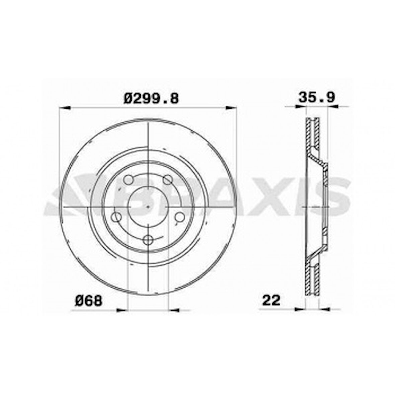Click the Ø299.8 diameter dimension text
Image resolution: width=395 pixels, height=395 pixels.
151,98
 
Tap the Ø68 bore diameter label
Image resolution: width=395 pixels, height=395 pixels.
88,301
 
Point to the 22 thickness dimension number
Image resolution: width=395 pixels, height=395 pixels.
271,300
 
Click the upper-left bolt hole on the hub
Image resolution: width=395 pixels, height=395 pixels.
128,180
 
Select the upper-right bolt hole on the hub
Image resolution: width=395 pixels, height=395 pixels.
167,180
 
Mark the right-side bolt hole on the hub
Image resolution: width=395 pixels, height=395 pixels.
180,217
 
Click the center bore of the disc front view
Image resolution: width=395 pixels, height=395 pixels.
148,207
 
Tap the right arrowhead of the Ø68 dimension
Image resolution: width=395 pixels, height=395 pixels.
174,310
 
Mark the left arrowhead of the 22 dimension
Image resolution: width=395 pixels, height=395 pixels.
300,310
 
